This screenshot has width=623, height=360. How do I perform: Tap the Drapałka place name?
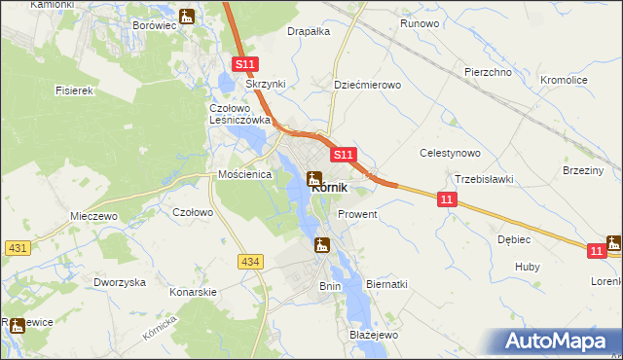click(x=309, y=31)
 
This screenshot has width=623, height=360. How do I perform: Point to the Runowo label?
click(x=420, y=22)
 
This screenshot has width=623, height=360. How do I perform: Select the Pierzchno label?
click(x=488, y=72)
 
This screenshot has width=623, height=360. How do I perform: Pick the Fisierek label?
click(x=74, y=90)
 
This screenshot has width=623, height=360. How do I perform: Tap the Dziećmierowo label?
click(x=367, y=85)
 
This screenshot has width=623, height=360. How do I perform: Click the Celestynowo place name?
click(x=450, y=153)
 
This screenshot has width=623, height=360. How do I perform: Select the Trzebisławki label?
click(x=485, y=179)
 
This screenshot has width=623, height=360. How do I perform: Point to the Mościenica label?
click(x=243, y=175)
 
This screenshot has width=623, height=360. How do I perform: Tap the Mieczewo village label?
click(x=93, y=217)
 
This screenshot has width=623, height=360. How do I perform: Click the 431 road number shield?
click(x=17, y=249)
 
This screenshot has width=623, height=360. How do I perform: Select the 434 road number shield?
click(x=250, y=261)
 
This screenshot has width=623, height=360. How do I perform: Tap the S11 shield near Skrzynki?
click(x=245, y=64)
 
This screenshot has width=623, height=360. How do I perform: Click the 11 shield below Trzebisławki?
click(x=446, y=199)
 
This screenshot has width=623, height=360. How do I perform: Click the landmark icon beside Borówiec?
click(x=187, y=16)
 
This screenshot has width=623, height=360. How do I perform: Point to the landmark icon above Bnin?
click(x=322, y=246)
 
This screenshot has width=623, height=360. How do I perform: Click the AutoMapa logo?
click(x=559, y=341)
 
